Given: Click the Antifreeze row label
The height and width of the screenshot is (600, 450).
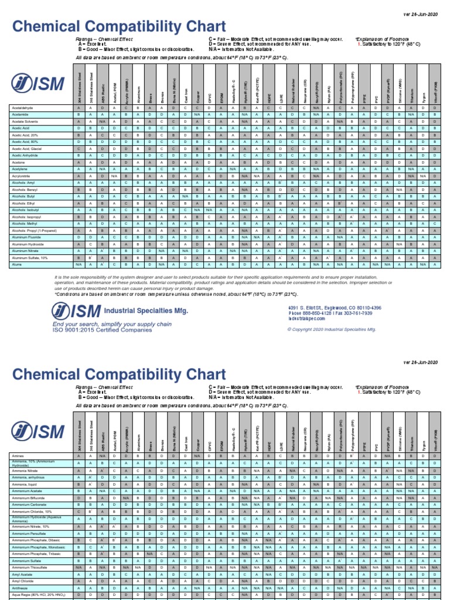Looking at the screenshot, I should point(19,588).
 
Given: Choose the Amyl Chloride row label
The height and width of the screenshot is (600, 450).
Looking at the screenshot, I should point(22,581).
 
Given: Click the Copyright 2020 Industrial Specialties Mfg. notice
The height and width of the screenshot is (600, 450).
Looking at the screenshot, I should point(331,329).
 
